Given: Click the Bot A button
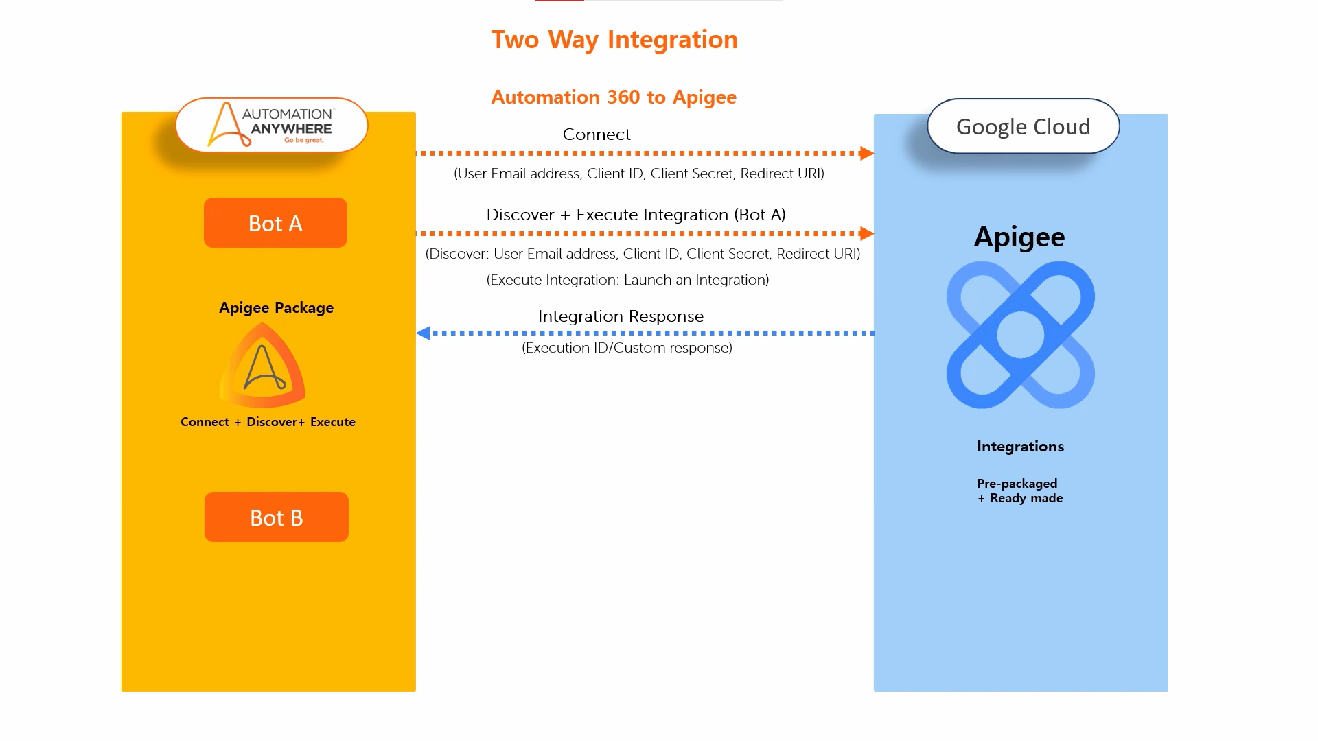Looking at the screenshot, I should point(275,223).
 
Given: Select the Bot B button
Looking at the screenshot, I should point(276,517).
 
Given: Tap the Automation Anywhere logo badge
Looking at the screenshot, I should point(272,126).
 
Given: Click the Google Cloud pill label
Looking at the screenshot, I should point(1023,127).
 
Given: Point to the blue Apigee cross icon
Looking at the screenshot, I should point(1020,335).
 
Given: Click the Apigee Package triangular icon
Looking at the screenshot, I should point(262,367).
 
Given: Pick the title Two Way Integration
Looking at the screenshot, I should point(614,40).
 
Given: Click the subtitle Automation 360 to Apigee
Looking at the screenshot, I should point(614,97).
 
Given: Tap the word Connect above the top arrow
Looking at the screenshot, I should point(597,134).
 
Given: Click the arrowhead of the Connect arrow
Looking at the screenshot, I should point(867,153).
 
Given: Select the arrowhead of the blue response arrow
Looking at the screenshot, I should point(424,333).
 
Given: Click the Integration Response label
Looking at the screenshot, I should point(621,316).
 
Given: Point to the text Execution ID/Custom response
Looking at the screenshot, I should point(627,348).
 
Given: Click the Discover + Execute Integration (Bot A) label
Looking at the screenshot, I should point(636,215).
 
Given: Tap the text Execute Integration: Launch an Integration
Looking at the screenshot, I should point(627,280).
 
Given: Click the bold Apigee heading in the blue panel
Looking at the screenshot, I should point(1019,237).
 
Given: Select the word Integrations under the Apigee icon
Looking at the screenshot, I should point(1020,447).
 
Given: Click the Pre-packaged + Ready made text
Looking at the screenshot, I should point(1019,491).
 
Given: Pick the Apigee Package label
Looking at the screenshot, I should point(276,308).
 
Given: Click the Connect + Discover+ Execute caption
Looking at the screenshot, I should point(268,422).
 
